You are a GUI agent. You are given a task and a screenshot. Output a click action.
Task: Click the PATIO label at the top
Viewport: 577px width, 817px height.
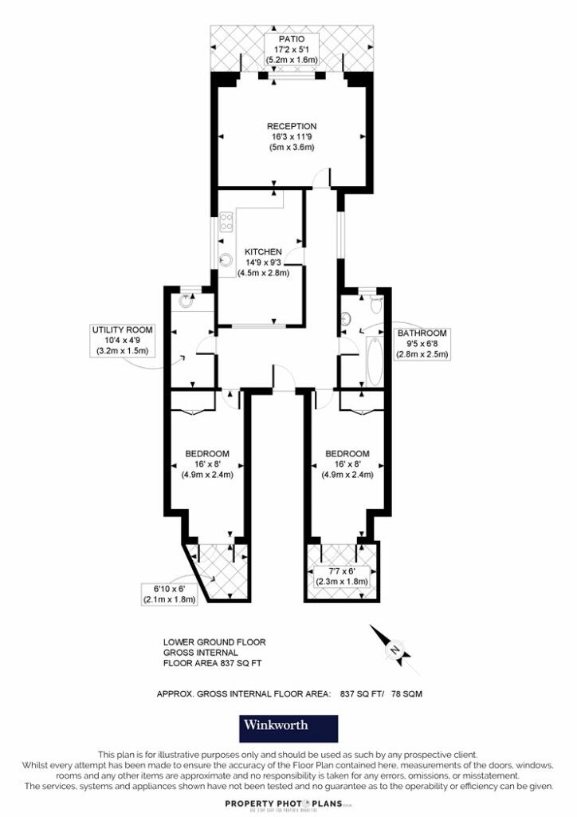click(x=292, y=37)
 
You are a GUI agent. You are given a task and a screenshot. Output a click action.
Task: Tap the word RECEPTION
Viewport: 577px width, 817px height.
click(x=292, y=126)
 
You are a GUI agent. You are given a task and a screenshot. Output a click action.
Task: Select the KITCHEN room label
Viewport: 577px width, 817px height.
click(x=263, y=251)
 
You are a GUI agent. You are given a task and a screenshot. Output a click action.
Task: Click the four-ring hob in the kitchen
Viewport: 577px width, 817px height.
click(x=226, y=222)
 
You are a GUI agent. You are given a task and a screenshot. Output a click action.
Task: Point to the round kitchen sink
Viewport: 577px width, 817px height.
click(x=226, y=259)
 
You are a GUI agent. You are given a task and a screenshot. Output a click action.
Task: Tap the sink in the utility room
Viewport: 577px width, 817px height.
click(x=186, y=302)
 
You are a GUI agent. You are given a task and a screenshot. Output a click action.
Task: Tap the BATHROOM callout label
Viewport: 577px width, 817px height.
click(x=422, y=334)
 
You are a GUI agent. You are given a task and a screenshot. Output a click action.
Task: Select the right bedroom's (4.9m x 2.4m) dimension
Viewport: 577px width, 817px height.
click(x=347, y=475)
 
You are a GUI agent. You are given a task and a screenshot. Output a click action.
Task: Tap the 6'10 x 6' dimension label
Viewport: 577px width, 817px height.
click(x=169, y=594)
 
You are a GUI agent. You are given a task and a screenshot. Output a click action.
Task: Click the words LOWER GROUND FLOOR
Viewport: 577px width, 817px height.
click(x=214, y=641)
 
